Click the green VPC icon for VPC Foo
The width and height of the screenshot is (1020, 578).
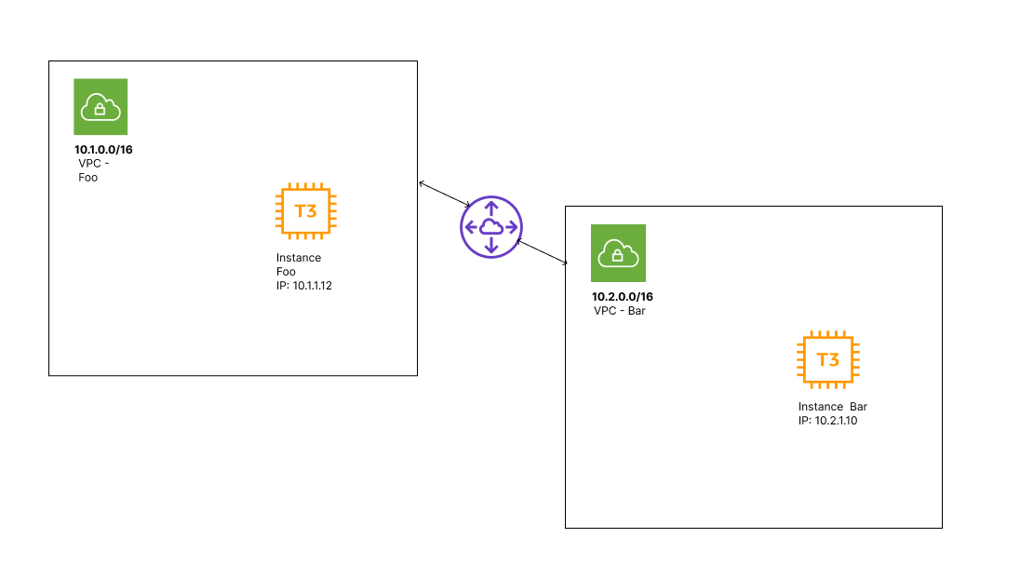pyautogui.click(x=101, y=107)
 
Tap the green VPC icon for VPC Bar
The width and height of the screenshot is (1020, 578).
pyautogui.click(x=618, y=253)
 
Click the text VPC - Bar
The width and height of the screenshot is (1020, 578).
pyautogui.click(x=620, y=311)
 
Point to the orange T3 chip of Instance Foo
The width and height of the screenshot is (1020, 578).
pyautogui.click(x=305, y=210)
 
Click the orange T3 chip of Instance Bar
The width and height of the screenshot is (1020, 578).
pyautogui.click(x=827, y=359)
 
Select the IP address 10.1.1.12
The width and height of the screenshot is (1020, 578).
pyautogui.click(x=312, y=286)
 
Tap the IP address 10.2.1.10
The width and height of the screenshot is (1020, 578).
pyautogui.click(x=835, y=421)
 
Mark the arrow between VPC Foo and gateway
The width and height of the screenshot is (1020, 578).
pyautogui.click(x=445, y=194)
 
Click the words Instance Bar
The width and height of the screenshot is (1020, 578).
pyautogui.click(x=832, y=407)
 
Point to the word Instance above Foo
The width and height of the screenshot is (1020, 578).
pyautogui.click(x=298, y=258)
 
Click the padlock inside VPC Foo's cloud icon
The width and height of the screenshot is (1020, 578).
pyautogui.click(x=101, y=110)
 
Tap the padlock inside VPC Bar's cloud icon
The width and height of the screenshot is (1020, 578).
pyautogui.click(x=618, y=256)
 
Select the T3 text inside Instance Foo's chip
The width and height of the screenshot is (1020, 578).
pyautogui.click(x=305, y=211)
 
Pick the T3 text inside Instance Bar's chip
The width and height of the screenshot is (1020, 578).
pyautogui.click(x=827, y=360)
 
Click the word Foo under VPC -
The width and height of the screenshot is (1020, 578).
pyautogui.click(x=87, y=177)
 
